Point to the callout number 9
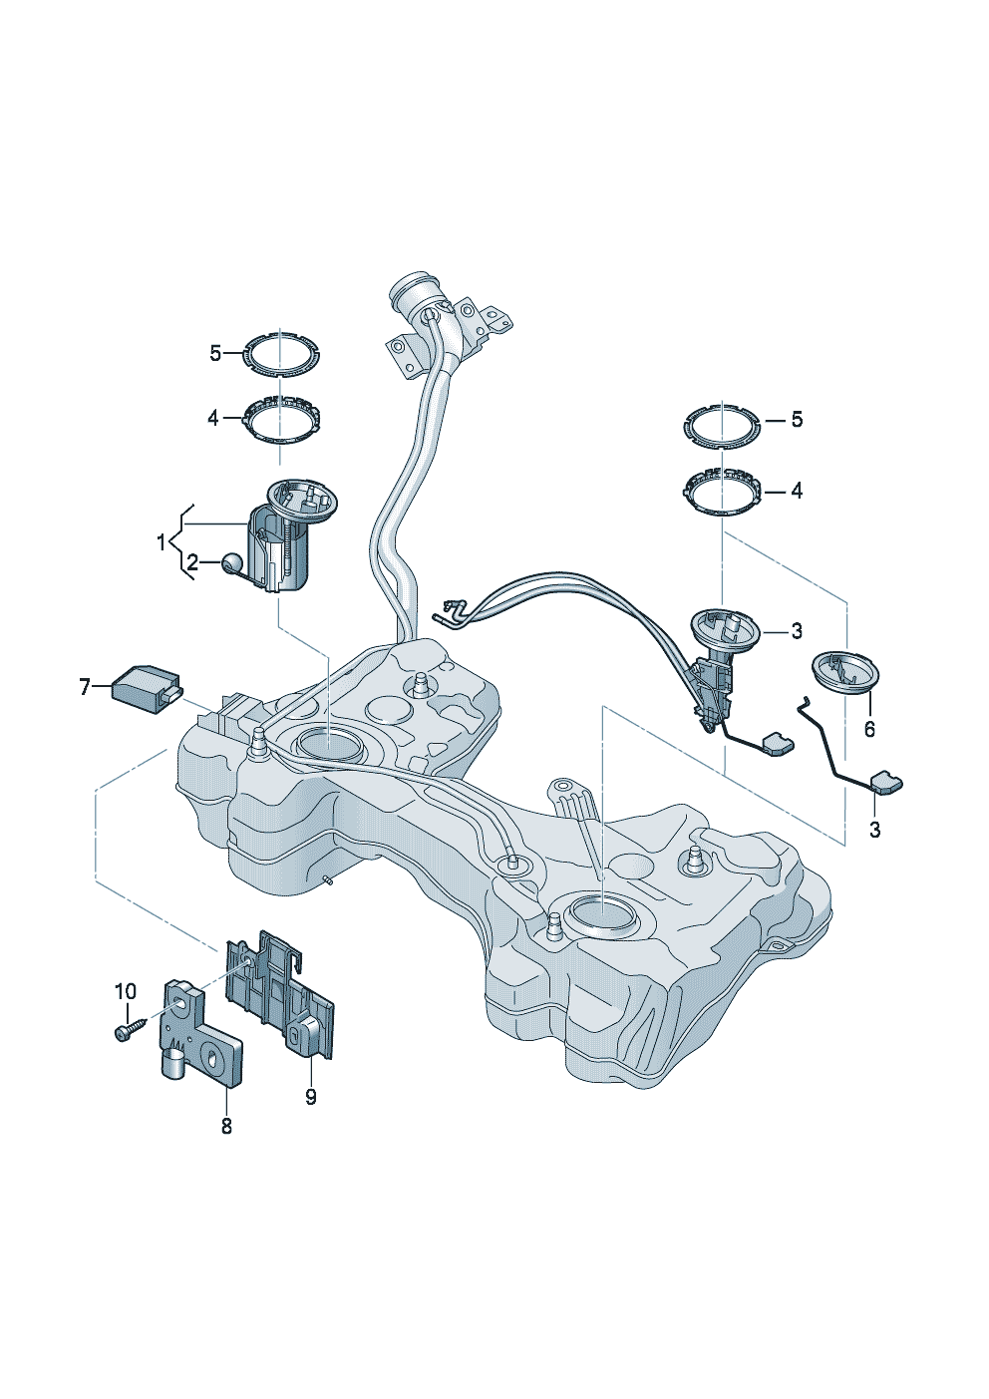point(311,1096)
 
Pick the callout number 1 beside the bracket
point(162,542)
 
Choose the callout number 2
point(192,563)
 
